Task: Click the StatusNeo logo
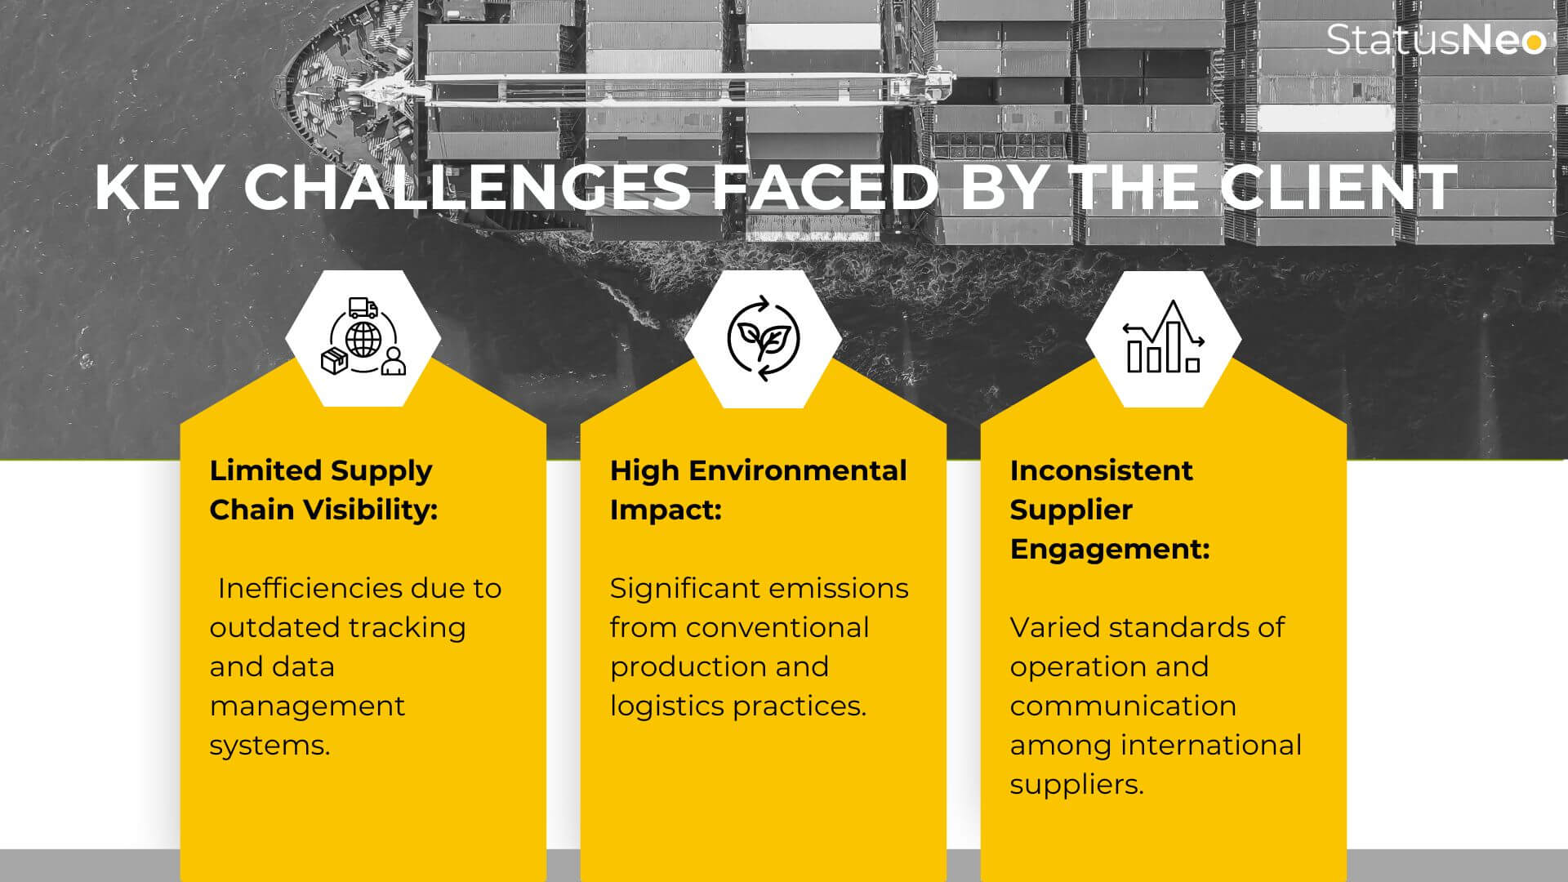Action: tap(1437, 40)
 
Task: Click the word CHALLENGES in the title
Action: tap(467, 188)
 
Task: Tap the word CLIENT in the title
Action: tap(1339, 188)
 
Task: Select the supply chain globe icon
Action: tap(363, 337)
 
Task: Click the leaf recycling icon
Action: tap(764, 338)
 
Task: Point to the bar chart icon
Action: tap(1164, 337)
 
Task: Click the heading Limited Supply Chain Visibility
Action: tap(323, 490)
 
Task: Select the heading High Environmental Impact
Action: tap(758, 490)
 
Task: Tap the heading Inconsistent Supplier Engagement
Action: tap(1110, 510)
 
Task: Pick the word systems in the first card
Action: tap(269, 746)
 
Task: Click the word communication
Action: tap(1123, 706)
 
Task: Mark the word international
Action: tap(1211, 745)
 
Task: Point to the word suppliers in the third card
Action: tap(1076, 785)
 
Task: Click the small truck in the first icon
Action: tap(363, 308)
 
